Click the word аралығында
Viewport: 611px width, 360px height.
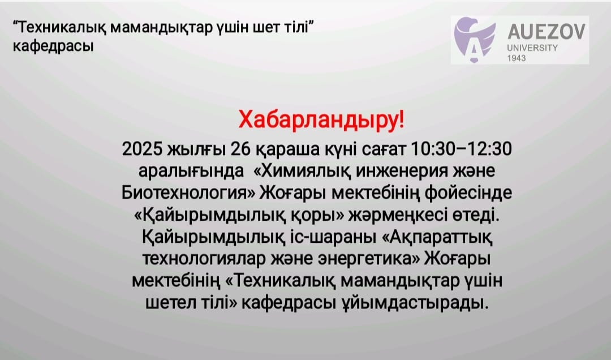coord(188,171)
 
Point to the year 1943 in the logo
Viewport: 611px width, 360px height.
coord(517,58)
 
